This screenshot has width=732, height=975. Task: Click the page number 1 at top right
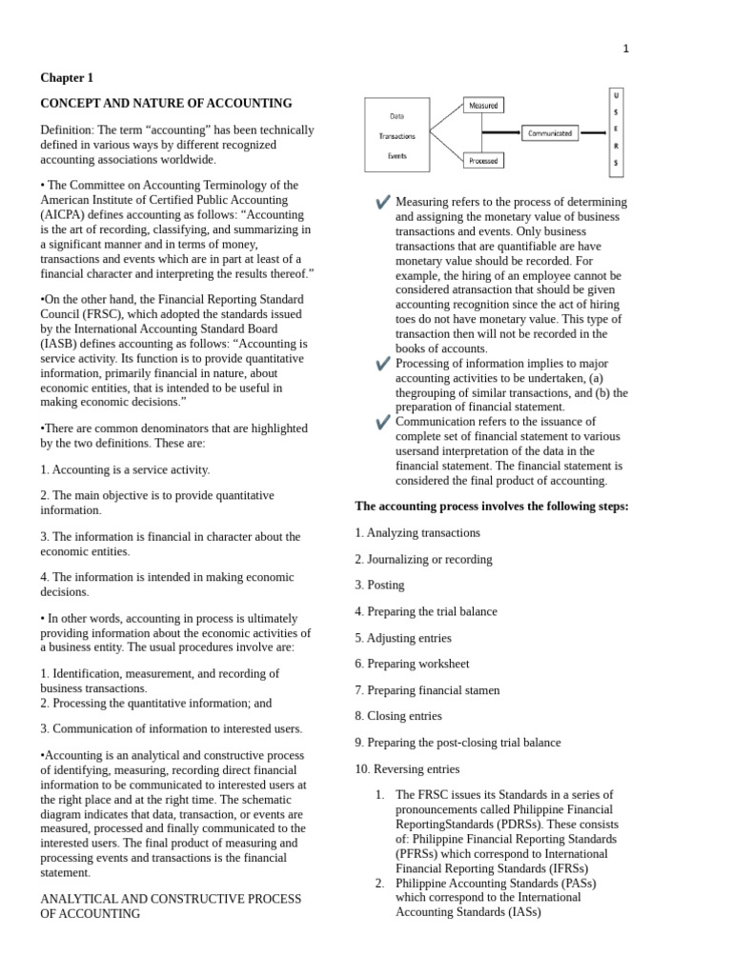coord(625,50)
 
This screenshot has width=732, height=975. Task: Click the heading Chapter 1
coord(67,78)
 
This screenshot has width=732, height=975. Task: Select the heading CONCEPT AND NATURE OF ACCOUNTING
coord(166,103)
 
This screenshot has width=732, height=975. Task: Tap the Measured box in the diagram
coord(483,106)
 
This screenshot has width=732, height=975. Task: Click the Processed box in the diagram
coord(483,161)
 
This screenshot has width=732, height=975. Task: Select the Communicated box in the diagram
coord(551,133)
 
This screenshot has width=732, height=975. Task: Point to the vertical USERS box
coord(615,133)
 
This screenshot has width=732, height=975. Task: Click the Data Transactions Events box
coord(396,135)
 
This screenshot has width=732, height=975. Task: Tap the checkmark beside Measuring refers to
coord(383,202)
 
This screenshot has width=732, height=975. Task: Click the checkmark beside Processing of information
coord(383,364)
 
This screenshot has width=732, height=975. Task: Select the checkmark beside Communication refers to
coord(383,422)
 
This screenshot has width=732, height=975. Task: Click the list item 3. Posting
coord(379,586)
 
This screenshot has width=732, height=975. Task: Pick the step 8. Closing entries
coord(397,716)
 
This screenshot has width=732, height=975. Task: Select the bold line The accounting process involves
coord(491,507)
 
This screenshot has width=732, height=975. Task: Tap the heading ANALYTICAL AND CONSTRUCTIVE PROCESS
coord(170,899)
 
